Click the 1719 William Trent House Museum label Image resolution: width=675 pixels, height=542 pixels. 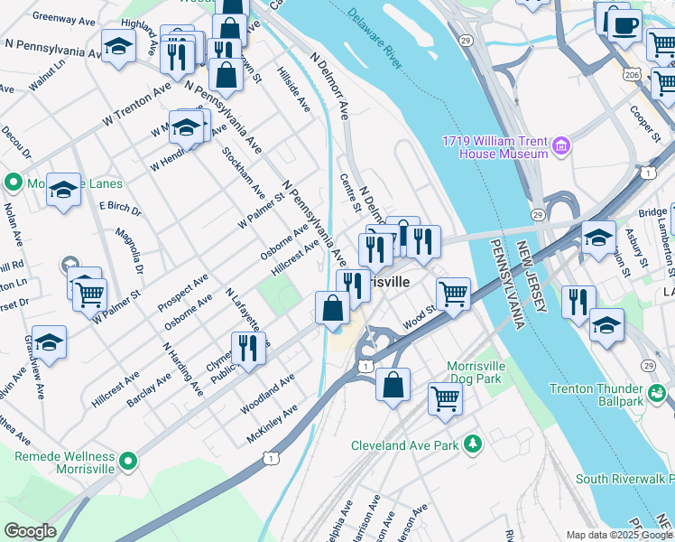point(495,146)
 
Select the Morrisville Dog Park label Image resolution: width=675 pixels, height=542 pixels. point(485,372)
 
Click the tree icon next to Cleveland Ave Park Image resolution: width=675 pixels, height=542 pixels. point(471,444)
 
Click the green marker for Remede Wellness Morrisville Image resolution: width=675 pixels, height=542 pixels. point(129,462)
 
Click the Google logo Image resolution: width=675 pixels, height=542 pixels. point(30,531)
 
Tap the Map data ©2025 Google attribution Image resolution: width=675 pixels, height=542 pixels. point(619,535)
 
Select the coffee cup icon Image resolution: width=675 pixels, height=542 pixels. point(624,24)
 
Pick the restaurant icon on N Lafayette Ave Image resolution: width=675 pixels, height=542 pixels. point(247,348)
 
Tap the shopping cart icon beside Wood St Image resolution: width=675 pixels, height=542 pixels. point(452,293)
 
